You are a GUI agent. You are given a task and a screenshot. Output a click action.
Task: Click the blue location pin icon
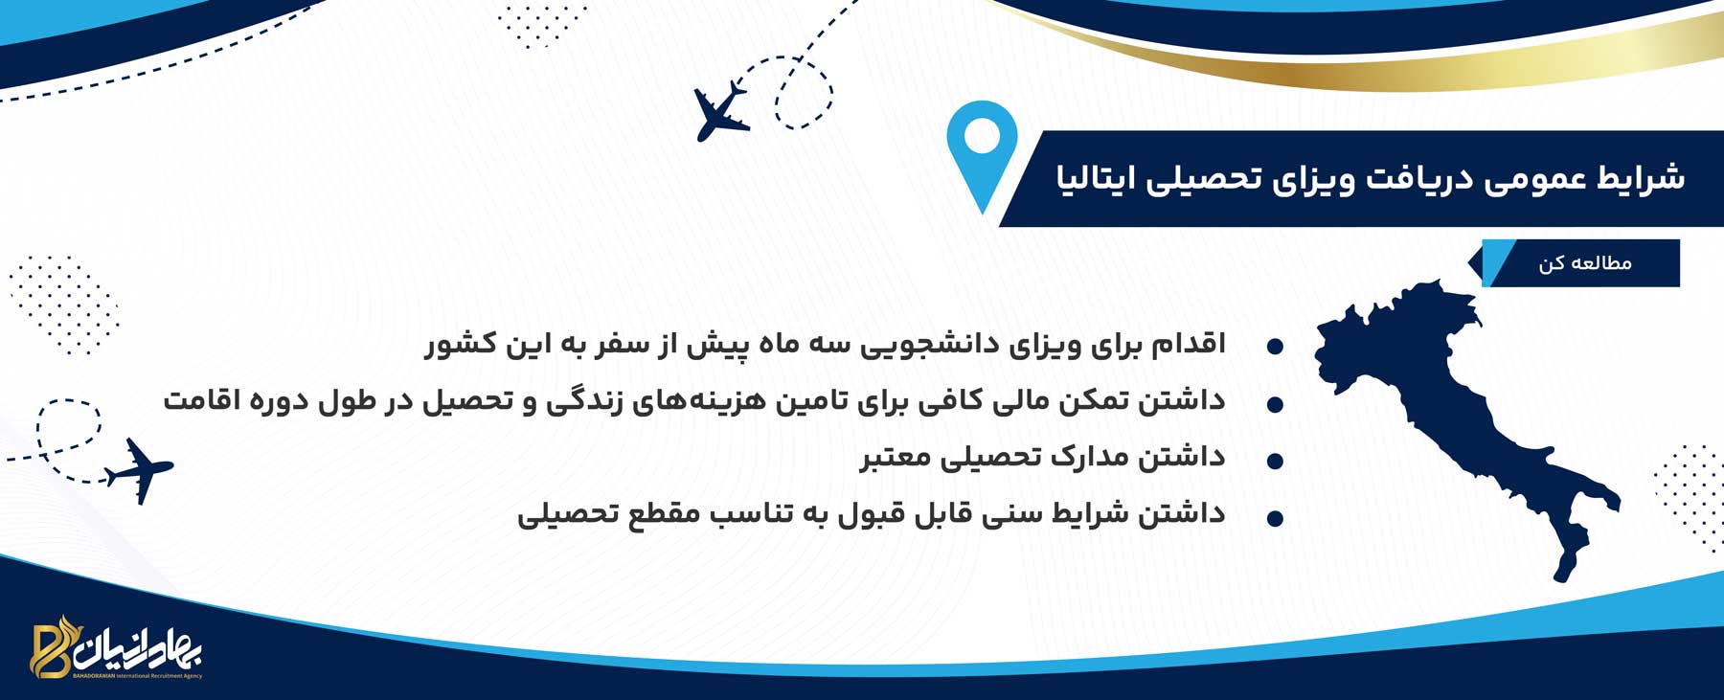(x=982, y=153)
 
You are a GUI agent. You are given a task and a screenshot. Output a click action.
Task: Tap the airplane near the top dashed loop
(x=720, y=111)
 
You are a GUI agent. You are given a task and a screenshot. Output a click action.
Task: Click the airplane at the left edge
(x=139, y=470)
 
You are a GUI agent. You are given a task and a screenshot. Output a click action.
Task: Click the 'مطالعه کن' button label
(x=1584, y=263)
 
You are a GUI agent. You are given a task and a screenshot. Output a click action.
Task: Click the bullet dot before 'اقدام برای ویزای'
(x=1275, y=347)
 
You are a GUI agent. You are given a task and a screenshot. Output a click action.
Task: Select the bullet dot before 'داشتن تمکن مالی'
(x=1275, y=405)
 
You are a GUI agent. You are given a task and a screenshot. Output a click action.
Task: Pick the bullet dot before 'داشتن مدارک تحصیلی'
(x=1275, y=462)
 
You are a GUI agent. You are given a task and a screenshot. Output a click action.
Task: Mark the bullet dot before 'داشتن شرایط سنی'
(x=1275, y=519)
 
